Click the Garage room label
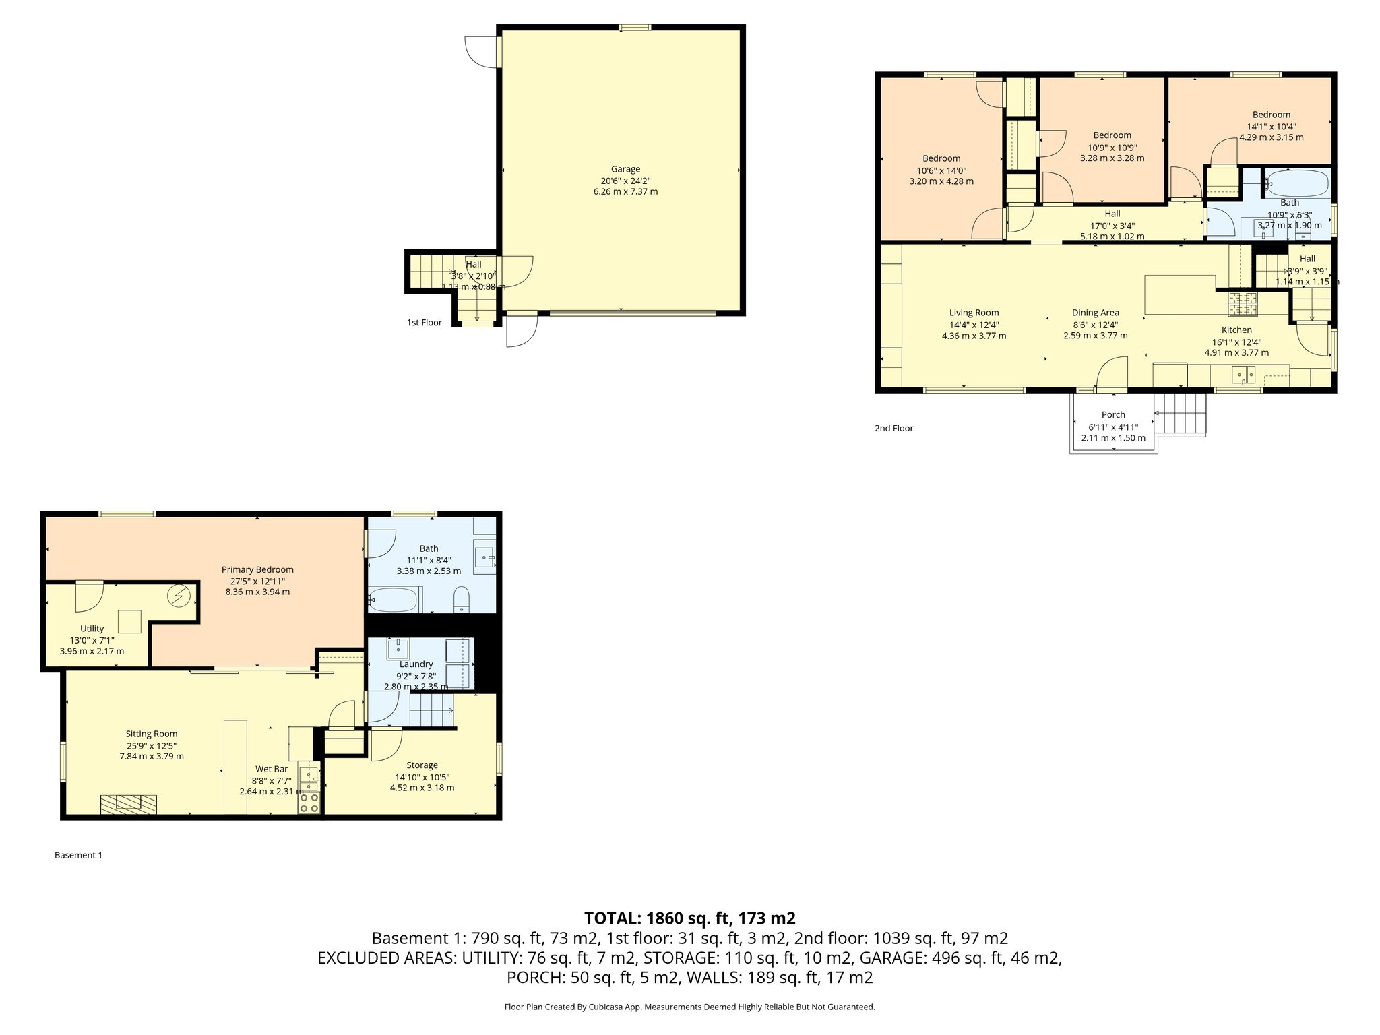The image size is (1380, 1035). click(625, 169)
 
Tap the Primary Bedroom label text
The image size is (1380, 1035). click(257, 569)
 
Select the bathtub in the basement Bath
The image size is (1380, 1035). click(394, 599)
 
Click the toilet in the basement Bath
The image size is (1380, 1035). click(462, 598)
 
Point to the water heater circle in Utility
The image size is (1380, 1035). click(181, 596)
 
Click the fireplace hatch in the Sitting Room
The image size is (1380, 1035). click(129, 803)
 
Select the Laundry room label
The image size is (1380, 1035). click(416, 664)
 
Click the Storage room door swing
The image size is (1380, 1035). click(386, 744)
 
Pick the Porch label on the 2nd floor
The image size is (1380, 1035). click(1113, 414)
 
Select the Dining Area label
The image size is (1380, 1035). click(1095, 313)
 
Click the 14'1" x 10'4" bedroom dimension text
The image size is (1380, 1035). click(1271, 126)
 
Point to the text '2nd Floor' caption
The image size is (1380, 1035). click(893, 428)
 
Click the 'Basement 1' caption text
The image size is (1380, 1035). click(78, 855)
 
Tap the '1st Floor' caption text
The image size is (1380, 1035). click(424, 323)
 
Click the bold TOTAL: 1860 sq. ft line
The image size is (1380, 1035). click(689, 918)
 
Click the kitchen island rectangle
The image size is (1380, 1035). click(1179, 294)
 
